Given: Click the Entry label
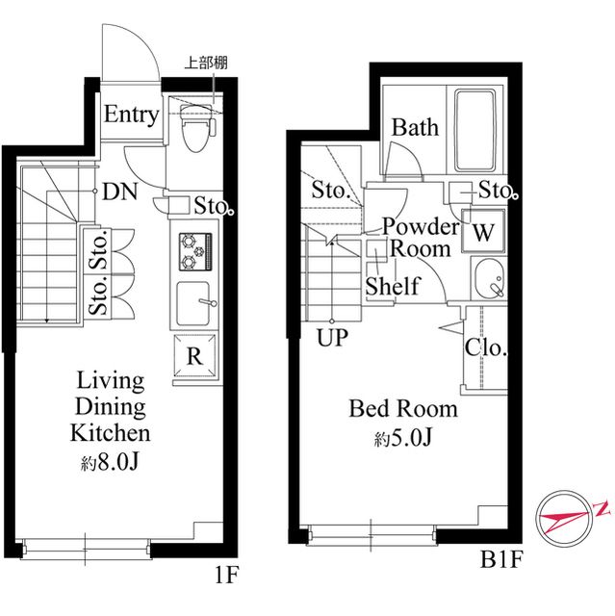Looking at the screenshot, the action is click(x=131, y=115).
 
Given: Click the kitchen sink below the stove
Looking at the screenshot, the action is click(x=193, y=303).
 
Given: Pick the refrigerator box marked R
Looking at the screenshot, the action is click(x=194, y=355).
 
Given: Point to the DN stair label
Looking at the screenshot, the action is click(x=119, y=192).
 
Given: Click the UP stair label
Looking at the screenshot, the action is click(x=332, y=337).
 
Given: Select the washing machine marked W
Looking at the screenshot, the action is click(x=483, y=231).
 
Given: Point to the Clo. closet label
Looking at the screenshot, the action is click(x=486, y=347).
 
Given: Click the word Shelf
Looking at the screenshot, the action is click(x=393, y=286).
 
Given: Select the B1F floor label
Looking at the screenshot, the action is click(x=501, y=559).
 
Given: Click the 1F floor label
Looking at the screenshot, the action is click(x=226, y=576).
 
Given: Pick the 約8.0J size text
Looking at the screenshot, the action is click(x=110, y=463).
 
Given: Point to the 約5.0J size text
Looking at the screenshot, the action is click(x=403, y=437).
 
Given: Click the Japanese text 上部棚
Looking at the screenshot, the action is click(x=206, y=63).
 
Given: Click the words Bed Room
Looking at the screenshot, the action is click(x=403, y=408).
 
